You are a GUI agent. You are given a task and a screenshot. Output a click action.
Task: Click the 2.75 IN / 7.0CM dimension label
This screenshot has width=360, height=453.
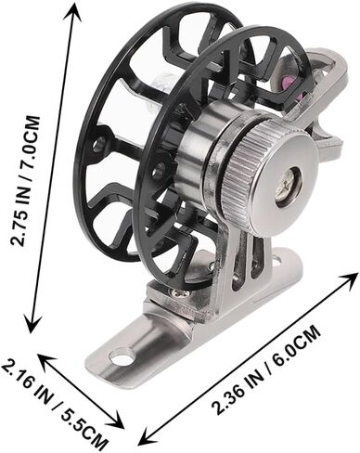(25, 181)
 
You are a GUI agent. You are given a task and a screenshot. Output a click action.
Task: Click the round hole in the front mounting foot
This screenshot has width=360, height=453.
(122, 356)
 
